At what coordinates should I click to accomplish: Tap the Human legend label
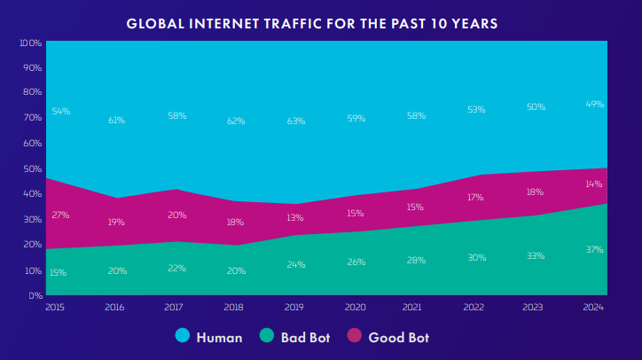[218, 337]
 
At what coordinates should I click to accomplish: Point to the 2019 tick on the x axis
[295, 306]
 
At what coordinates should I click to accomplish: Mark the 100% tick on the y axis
[30, 43]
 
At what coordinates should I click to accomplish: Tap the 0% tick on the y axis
[35, 295]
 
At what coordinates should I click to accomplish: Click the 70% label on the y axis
[32, 118]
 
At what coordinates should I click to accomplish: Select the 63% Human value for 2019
[295, 121]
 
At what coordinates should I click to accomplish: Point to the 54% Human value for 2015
[60, 112]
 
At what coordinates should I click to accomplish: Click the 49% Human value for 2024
[594, 105]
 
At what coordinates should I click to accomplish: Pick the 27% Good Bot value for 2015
[60, 215]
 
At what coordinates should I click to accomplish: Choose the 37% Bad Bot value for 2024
[594, 250]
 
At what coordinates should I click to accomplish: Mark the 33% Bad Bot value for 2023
[535, 255]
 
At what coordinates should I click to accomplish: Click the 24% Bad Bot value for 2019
[295, 264]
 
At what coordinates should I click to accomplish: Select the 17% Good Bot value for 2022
[475, 197]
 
